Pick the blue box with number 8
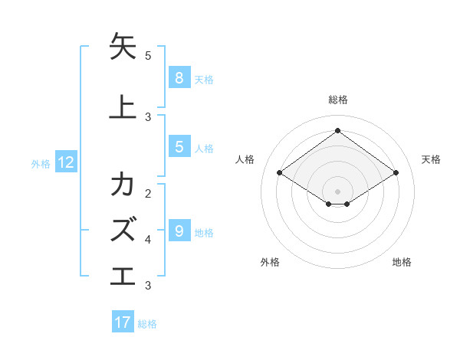click(x=179, y=77)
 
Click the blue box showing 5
click(x=179, y=147)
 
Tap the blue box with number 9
click(x=179, y=231)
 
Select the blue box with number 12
click(x=66, y=162)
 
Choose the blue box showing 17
click(x=123, y=322)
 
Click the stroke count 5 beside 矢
click(x=148, y=56)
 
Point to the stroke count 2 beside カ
click(x=148, y=193)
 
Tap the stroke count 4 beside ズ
click(x=148, y=239)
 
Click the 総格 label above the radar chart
click(x=337, y=100)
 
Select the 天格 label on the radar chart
click(x=431, y=159)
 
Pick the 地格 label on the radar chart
click(x=402, y=262)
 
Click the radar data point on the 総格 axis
click(x=337, y=130)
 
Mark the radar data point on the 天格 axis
click(x=396, y=173)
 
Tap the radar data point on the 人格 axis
click(x=279, y=173)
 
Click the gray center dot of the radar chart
click(x=337, y=191)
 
